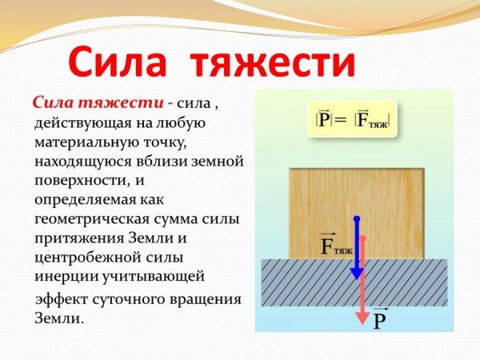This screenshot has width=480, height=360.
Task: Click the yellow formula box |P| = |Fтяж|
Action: coord(354,120)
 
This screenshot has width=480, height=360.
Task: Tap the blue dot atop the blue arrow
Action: coord(357,218)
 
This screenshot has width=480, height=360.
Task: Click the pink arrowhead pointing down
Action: coord(363,307)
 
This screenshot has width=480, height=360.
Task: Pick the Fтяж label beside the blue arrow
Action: coord(336,246)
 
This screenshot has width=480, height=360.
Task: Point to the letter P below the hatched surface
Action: coord(380,321)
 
